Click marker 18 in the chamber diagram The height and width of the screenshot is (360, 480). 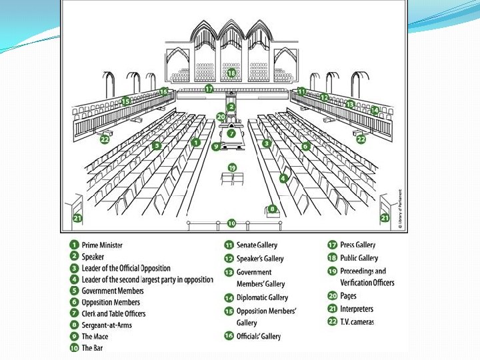point(231,73)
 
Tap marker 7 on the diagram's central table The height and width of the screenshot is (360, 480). point(231,133)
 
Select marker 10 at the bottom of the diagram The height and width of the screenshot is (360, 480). point(231,223)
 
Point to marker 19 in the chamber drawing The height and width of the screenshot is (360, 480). point(232,167)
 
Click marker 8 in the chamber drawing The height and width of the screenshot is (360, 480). point(272,209)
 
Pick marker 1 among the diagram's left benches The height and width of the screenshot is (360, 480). point(195,142)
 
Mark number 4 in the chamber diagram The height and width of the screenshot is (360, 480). point(283,178)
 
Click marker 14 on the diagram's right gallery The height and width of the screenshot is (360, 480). point(375,110)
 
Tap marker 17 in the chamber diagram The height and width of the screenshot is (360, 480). point(209,89)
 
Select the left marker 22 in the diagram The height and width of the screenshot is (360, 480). point(105,139)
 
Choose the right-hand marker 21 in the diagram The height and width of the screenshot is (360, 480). point(385,217)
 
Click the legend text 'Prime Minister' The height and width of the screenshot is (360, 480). point(102,245)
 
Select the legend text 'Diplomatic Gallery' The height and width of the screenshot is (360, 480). point(262,298)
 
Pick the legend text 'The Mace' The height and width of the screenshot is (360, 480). point(95,337)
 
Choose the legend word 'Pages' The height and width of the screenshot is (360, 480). point(348,296)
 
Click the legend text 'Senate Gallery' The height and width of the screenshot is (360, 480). point(257,245)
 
